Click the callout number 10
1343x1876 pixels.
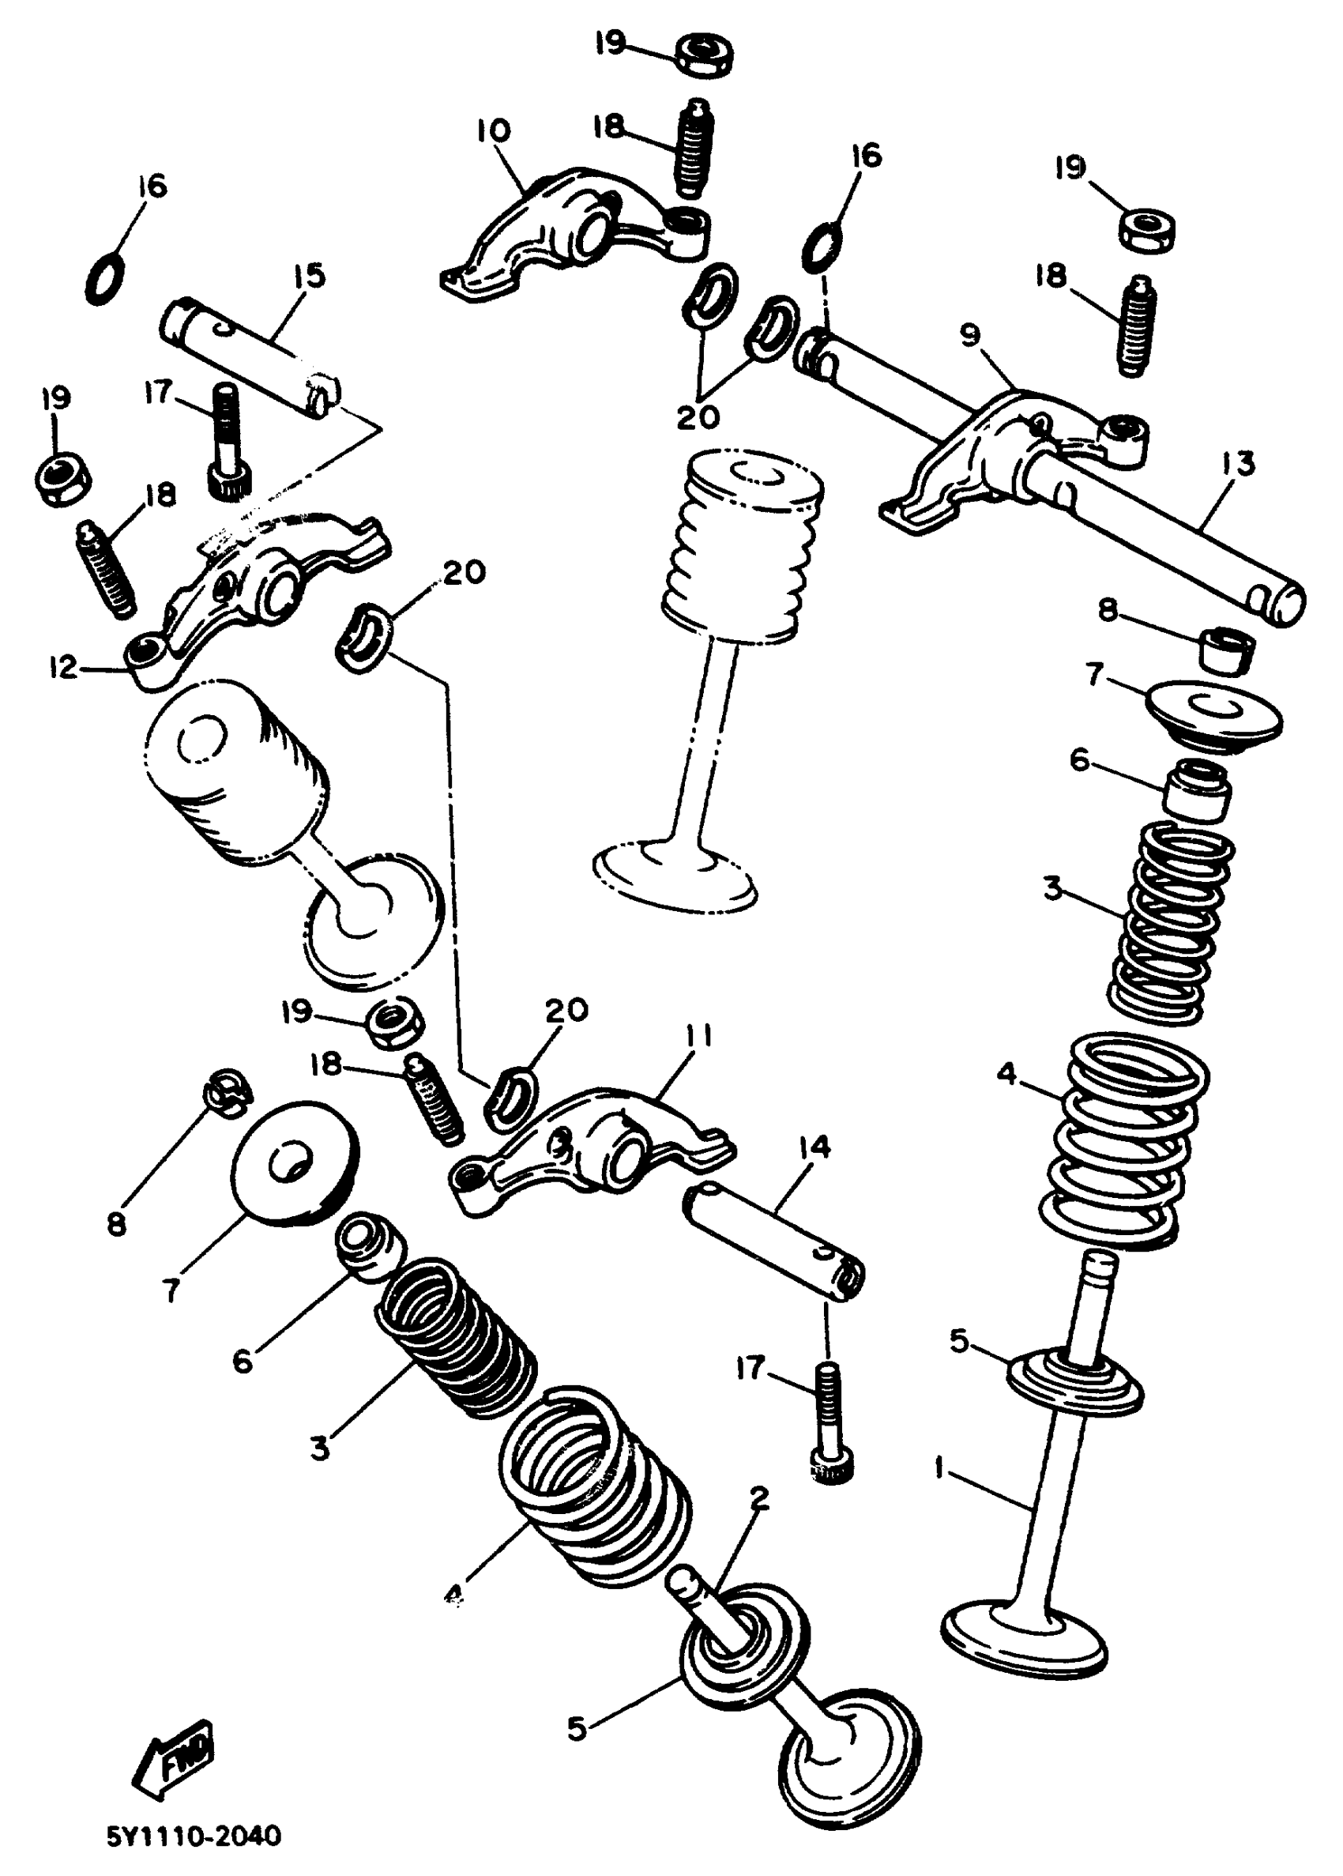point(493,130)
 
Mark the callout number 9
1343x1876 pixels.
point(969,335)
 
